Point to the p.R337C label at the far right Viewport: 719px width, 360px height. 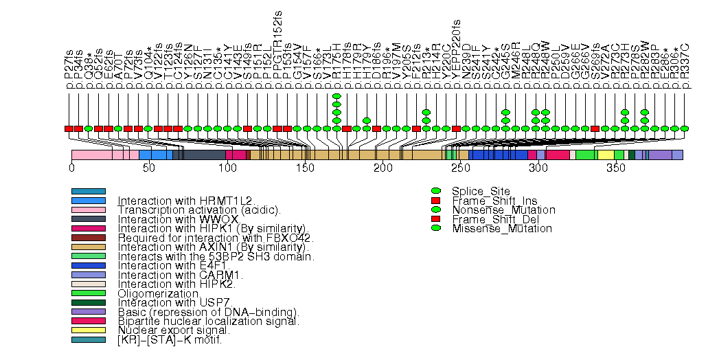[685, 68]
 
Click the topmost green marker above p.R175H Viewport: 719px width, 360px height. [336, 96]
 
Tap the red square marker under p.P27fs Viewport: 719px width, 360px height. [69, 128]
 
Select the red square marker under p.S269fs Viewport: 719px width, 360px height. [595, 128]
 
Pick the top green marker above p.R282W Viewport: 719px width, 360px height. [644, 112]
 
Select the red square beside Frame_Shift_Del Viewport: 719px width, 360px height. [435, 219]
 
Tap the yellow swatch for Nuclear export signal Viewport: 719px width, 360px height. [88, 330]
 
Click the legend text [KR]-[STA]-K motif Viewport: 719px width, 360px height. [170, 339]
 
